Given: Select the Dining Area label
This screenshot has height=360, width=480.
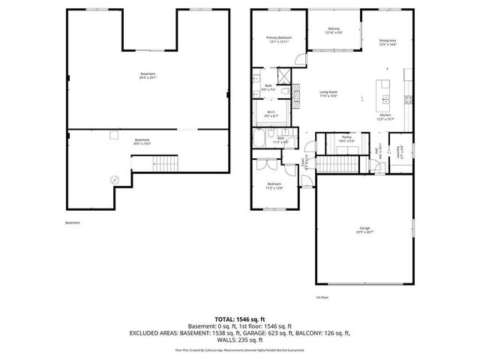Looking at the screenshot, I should pyautogui.click(x=388, y=43).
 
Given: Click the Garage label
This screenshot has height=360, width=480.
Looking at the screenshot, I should pyautogui.click(x=364, y=229).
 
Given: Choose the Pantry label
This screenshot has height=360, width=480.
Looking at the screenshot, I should pyautogui.click(x=346, y=138).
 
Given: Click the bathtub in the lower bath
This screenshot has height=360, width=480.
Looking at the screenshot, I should pyautogui.click(x=264, y=139).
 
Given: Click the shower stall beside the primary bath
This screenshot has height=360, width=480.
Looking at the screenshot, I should pyautogui.click(x=285, y=76).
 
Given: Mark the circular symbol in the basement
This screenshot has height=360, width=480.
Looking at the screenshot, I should pyautogui.click(x=114, y=179).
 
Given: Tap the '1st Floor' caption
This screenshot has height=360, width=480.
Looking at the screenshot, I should pyautogui.click(x=322, y=297).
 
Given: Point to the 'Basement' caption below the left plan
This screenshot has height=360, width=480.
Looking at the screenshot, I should pyautogui.click(x=72, y=223).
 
